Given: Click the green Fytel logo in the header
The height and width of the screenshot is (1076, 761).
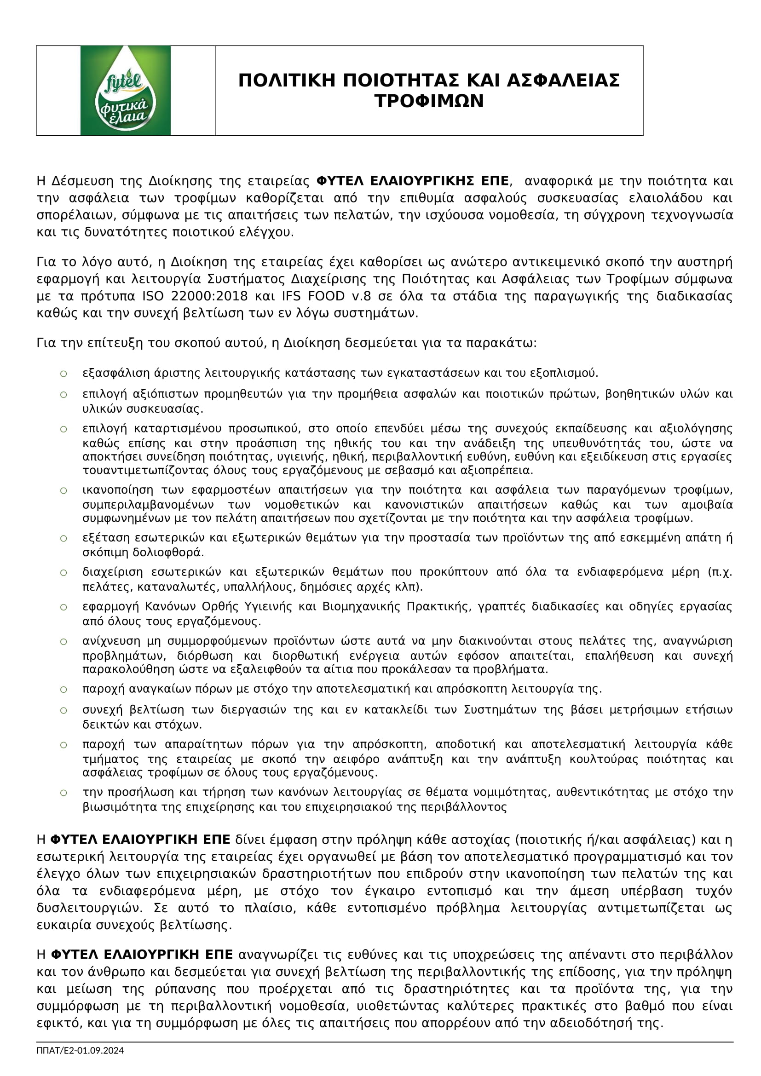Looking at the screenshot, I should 125,91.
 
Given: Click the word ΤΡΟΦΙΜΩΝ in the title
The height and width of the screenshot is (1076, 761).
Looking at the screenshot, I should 429,101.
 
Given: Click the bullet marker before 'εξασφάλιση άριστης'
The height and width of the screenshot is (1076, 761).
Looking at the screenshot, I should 63,374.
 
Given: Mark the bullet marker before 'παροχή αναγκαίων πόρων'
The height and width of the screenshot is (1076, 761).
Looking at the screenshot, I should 63,690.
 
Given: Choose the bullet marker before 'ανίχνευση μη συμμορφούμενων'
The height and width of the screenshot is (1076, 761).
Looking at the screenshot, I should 63,642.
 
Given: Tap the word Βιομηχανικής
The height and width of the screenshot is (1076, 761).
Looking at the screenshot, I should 361,607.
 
